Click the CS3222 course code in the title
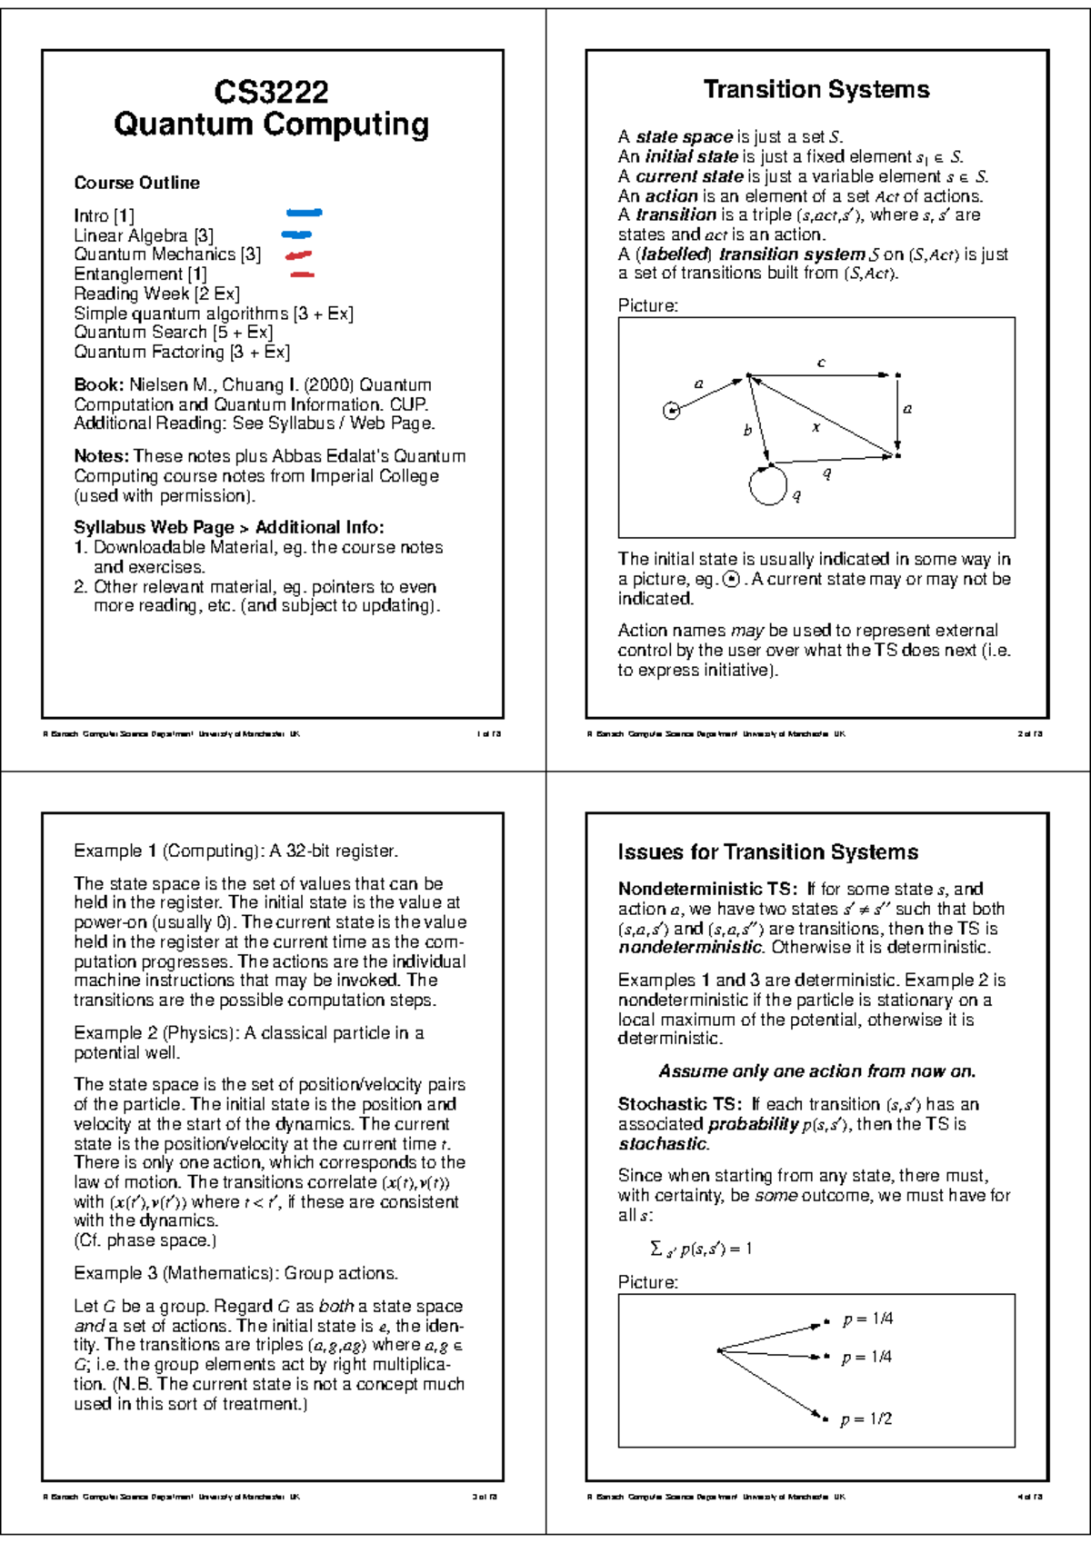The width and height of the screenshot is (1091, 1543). [271, 92]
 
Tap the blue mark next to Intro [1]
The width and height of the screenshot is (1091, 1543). [304, 214]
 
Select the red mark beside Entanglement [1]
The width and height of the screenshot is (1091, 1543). [302, 274]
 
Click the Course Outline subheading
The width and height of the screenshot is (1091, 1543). [136, 183]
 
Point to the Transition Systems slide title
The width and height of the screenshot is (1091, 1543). [816, 89]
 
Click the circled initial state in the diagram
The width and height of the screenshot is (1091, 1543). [671, 411]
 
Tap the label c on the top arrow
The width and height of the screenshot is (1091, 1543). [821, 363]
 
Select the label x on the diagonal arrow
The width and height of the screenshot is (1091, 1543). [816, 426]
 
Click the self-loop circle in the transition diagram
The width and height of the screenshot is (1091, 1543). [768, 485]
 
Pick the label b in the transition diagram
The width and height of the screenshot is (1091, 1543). [747, 431]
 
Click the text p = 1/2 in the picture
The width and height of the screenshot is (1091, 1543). [866, 1419]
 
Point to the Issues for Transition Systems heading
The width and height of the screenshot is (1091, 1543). [767, 852]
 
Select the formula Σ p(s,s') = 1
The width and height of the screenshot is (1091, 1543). [701, 1249]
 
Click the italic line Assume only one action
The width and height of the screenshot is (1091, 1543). [816, 1071]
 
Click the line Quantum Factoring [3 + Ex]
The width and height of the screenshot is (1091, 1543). [182, 352]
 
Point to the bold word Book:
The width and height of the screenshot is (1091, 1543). [98, 384]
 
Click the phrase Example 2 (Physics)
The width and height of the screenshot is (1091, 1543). [155, 1033]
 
